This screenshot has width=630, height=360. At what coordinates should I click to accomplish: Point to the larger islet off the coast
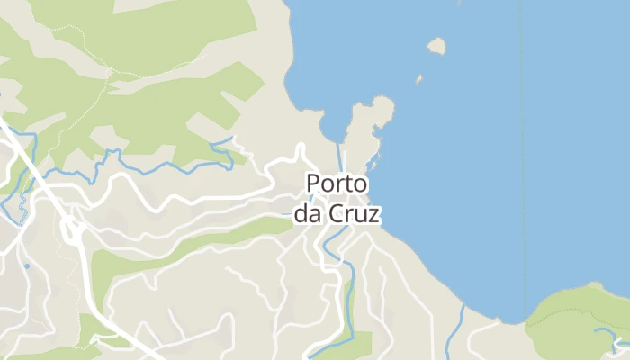click(437, 46)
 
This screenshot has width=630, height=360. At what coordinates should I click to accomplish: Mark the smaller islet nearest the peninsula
click(418, 79)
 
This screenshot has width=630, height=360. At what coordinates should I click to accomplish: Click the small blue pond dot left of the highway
click(26, 265)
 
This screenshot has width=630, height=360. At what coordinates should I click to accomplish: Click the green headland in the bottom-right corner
click(580, 319)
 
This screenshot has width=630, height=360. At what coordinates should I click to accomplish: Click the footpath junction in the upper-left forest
click(109, 70)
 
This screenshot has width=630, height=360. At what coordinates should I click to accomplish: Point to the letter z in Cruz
click(374, 215)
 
